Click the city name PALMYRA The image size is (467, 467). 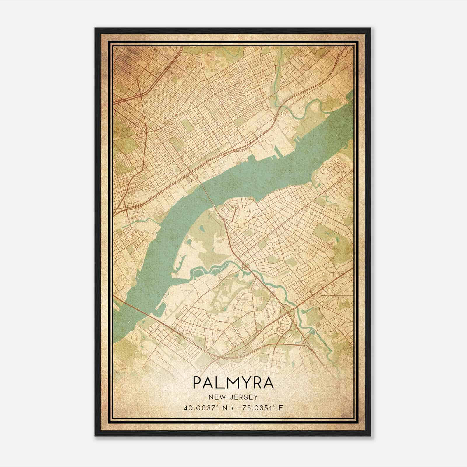coord(233,383)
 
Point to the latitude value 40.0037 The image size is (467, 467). coord(197,408)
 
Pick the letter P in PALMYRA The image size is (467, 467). coord(197,383)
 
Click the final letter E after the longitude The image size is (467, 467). coord(280,408)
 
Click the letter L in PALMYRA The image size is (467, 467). coord(217,383)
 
